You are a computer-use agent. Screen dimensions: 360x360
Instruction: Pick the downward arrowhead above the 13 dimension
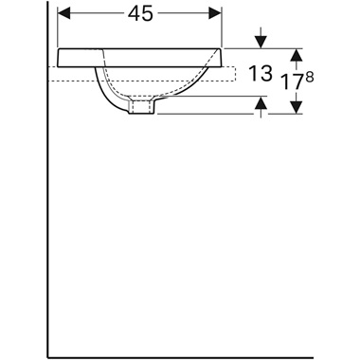[261, 43]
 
